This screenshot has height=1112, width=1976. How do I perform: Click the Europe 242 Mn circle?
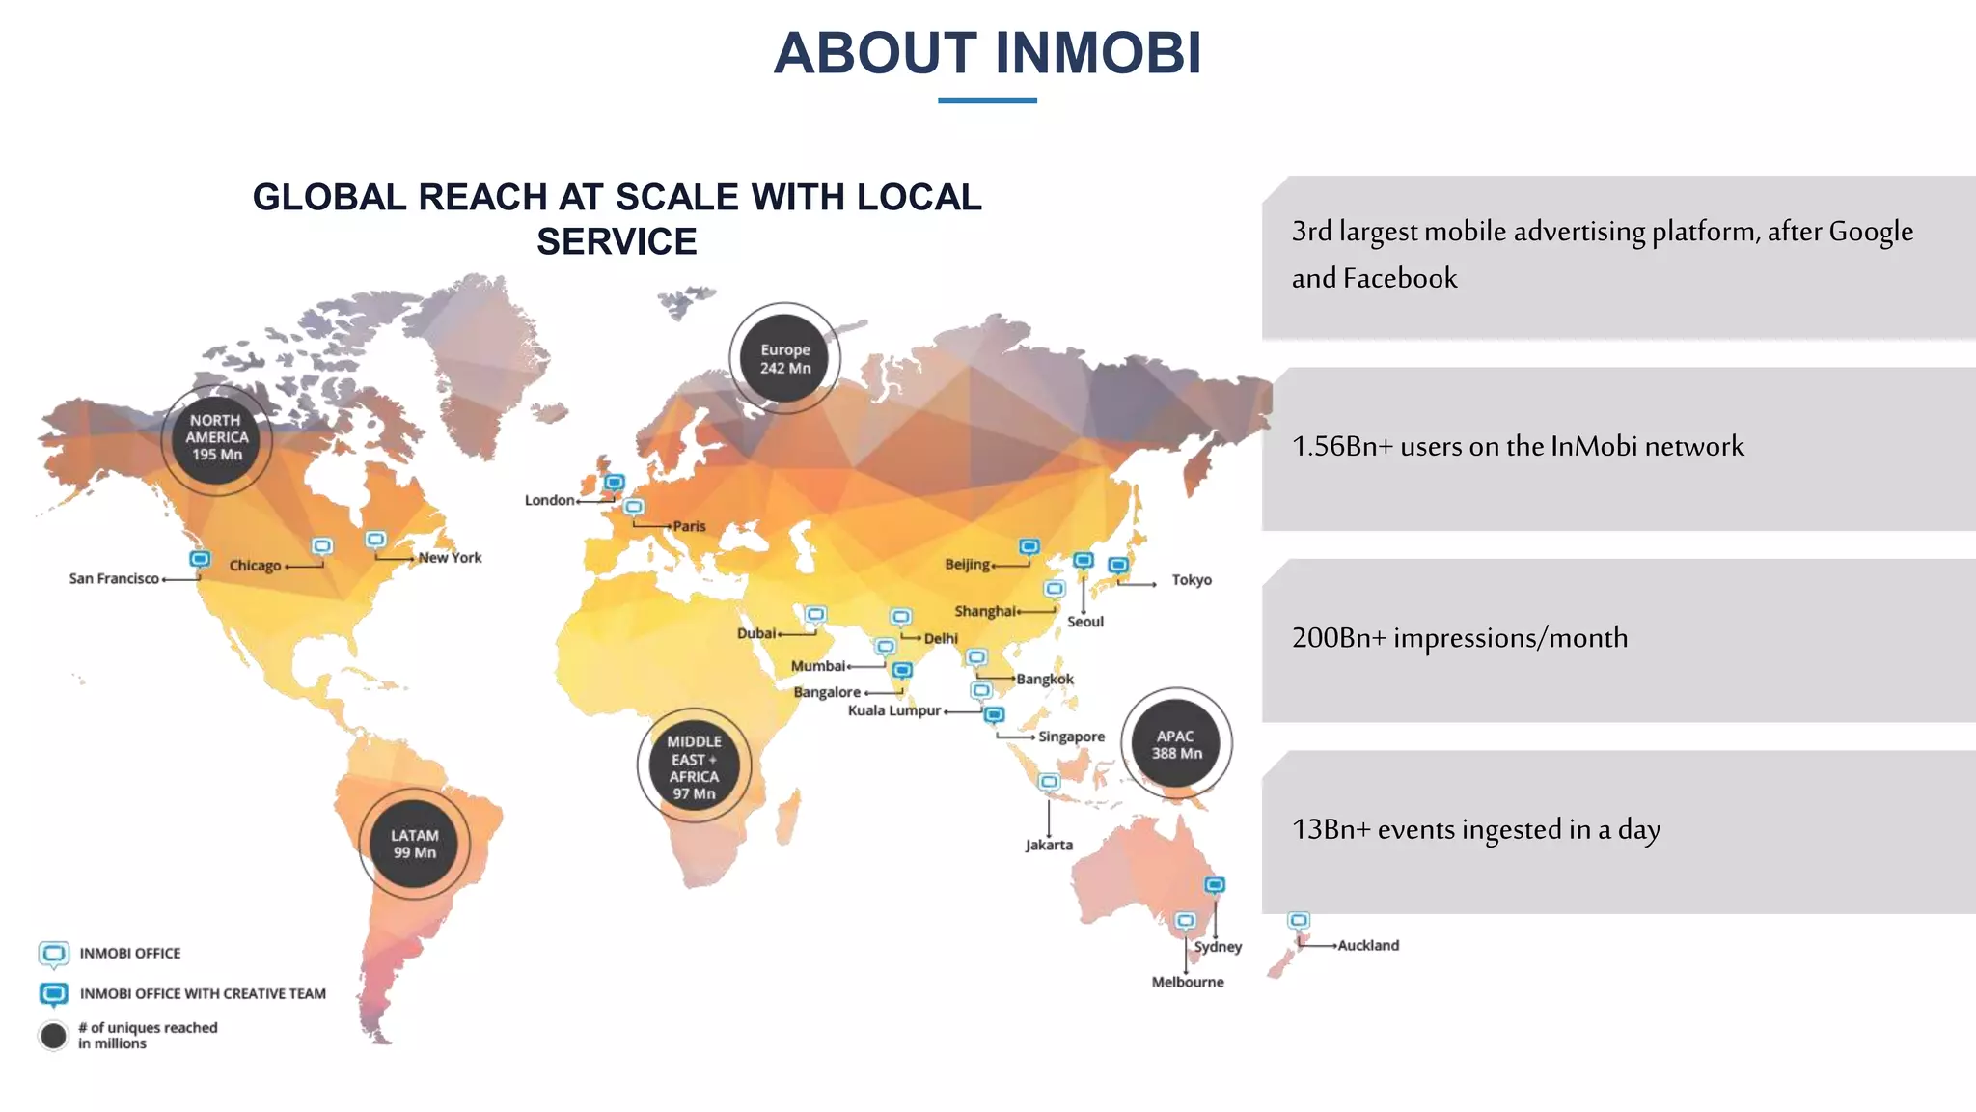tap(784, 358)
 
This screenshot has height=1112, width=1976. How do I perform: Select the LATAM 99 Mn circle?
tap(415, 844)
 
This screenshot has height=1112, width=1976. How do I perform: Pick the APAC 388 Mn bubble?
tap(1176, 744)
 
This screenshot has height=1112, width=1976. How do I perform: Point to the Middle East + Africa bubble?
tap(694, 766)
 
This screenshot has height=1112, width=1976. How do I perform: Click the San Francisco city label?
tap(114, 578)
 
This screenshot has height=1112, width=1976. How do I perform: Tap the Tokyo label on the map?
tap(1192, 580)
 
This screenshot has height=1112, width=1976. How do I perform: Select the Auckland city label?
tap(1368, 945)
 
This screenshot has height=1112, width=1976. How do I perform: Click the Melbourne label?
tap(1188, 982)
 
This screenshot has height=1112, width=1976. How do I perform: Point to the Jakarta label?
tap(1049, 845)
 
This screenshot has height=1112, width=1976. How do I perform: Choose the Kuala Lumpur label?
tap(894, 710)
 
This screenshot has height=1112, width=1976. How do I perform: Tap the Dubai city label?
tap(756, 633)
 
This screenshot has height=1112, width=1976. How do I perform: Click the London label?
tap(549, 500)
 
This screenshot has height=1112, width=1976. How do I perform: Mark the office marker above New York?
tap(375, 539)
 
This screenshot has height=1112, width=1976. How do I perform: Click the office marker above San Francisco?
tap(200, 559)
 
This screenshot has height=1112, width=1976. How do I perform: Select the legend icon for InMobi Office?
tap(54, 954)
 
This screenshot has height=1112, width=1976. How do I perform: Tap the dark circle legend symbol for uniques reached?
tap(54, 1036)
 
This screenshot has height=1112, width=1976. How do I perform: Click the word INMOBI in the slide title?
tap(1098, 53)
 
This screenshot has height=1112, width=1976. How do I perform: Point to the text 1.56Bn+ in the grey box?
tap(1342, 446)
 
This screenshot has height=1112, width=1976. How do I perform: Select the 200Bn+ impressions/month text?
tap(1459, 638)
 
